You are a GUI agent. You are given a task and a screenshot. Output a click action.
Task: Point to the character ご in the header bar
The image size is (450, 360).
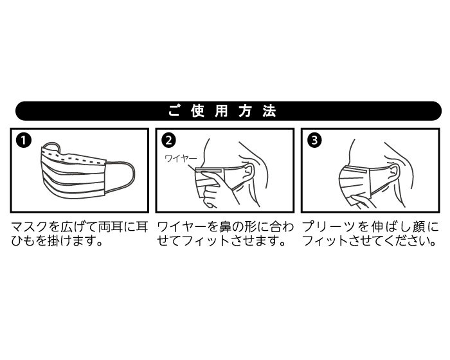click(174, 111)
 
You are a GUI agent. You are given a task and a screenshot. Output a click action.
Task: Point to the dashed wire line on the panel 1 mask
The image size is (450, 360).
click(77, 156)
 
